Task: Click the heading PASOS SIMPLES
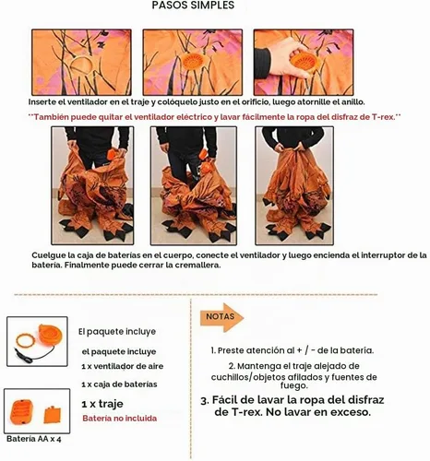tap(193, 6)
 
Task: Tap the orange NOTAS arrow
tap(222, 317)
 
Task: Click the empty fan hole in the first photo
tap(81, 65)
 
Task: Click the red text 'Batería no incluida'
tap(120, 419)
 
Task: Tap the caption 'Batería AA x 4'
tap(34, 439)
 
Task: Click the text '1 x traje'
tap(102, 404)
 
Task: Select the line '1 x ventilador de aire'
tap(123, 366)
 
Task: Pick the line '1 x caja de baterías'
tap(119, 384)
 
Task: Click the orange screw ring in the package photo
tap(25, 340)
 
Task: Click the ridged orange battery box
tap(22, 411)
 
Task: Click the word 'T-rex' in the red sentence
tap(383, 117)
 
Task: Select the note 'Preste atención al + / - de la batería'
tap(293, 350)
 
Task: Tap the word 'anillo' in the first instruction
tap(352, 102)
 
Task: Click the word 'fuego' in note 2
tap(293, 385)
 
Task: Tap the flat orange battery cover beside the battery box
tap(53, 415)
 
